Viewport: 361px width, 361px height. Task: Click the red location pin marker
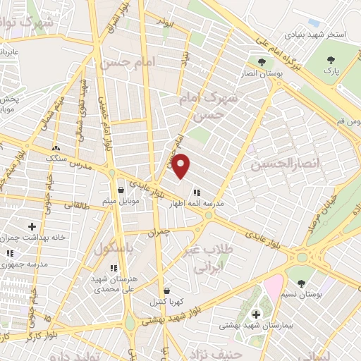181,165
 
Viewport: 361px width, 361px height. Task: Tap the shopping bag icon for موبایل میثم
121,190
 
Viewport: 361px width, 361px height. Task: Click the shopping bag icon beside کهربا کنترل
166,290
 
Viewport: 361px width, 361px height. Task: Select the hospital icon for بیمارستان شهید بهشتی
255,314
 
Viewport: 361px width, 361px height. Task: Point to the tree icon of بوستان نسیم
301,283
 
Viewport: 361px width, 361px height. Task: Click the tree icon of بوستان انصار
262,63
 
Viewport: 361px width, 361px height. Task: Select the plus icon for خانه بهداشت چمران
32,226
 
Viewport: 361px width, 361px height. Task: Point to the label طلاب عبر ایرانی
213,259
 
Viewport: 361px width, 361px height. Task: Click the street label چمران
159,231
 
